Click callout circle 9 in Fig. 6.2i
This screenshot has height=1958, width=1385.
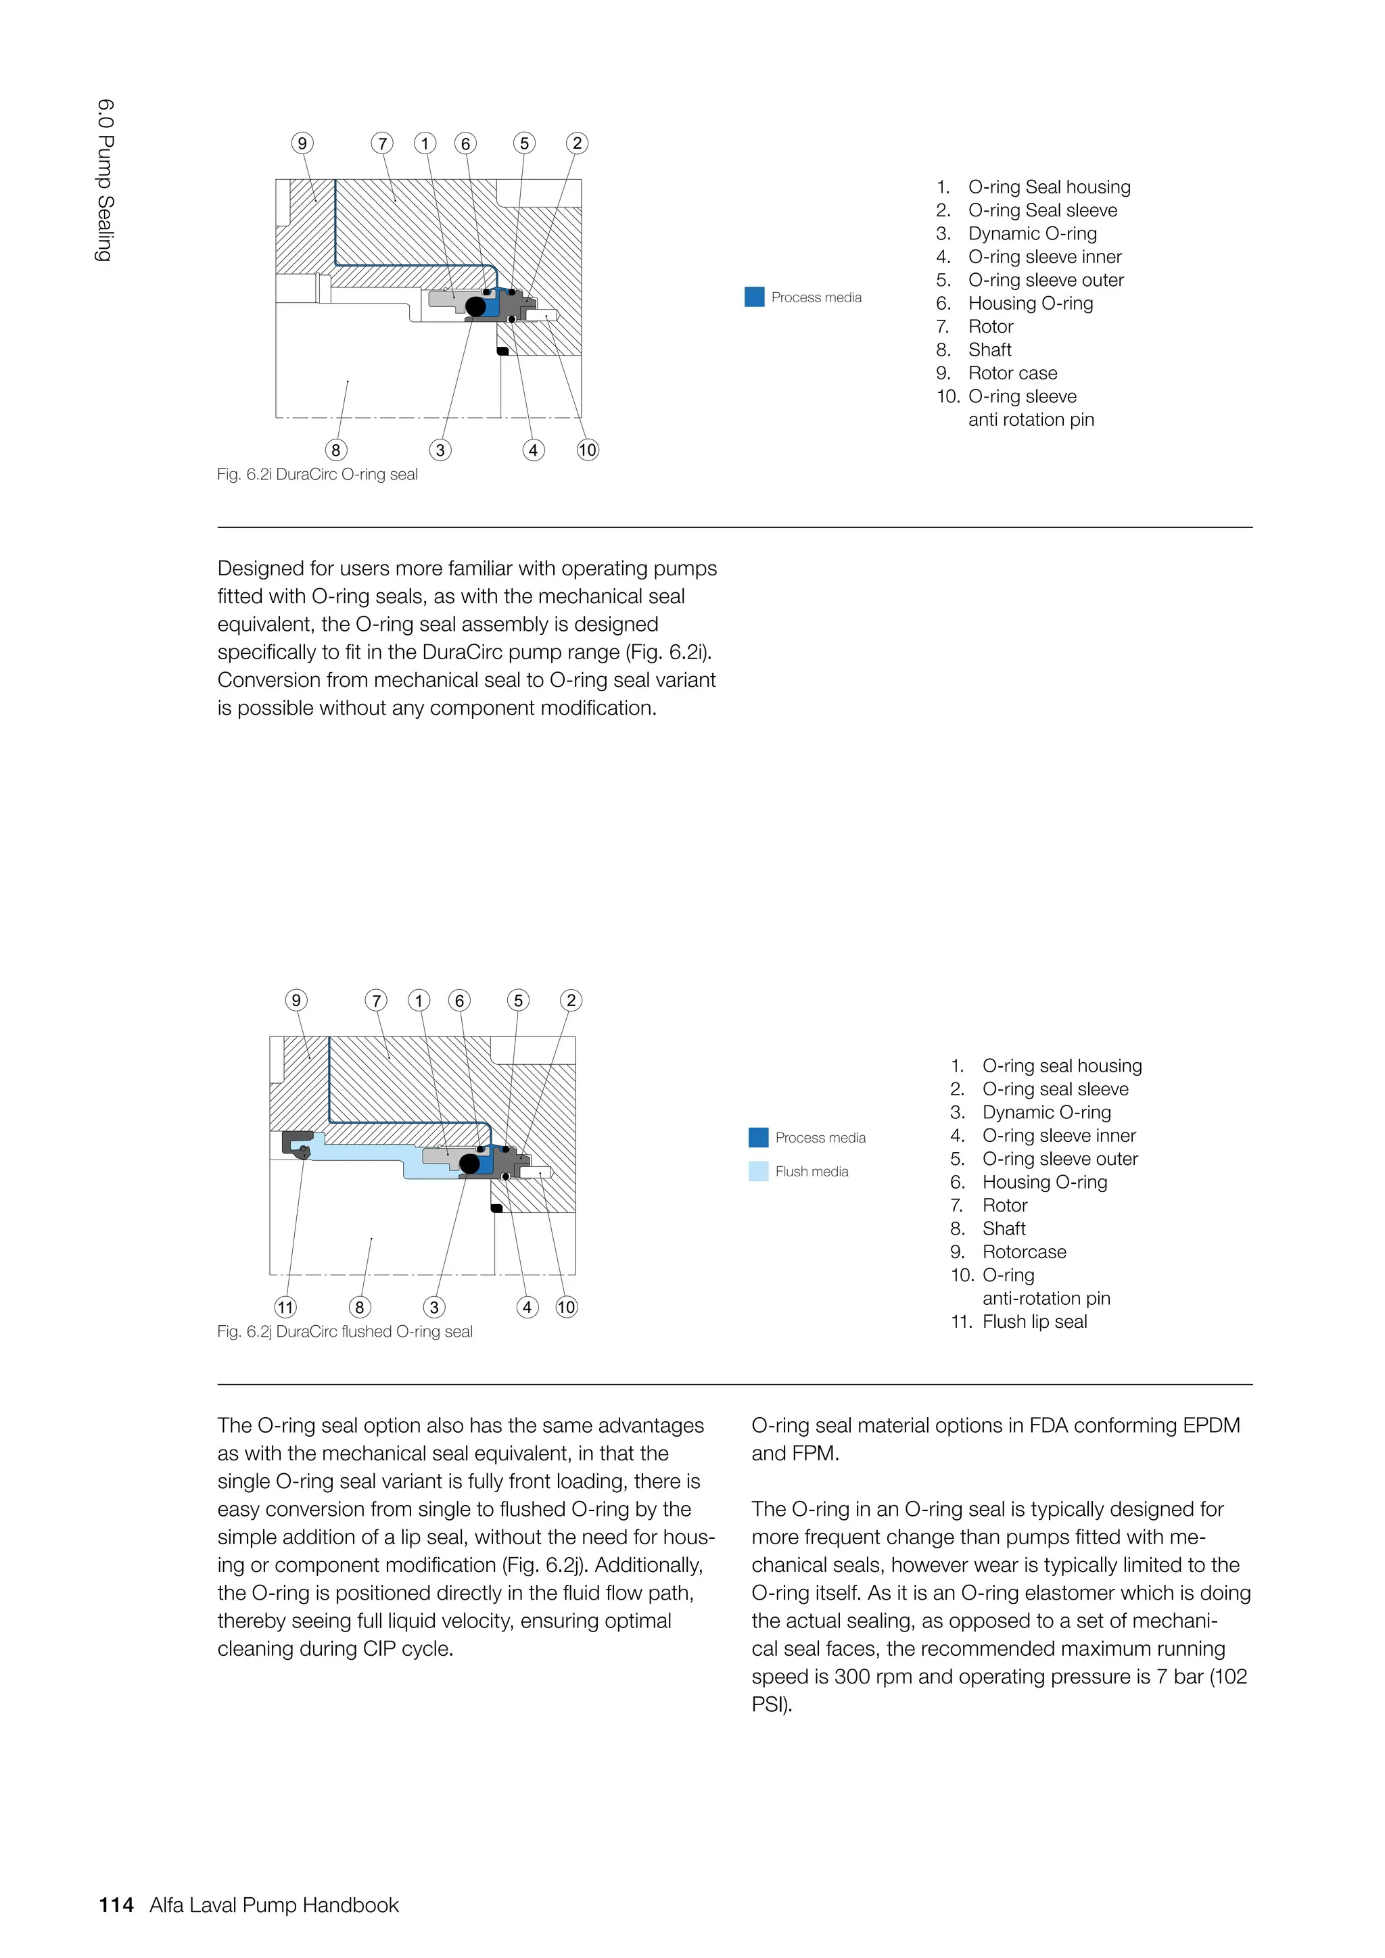pos(302,143)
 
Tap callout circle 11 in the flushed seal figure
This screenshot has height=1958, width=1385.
pos(285,1308)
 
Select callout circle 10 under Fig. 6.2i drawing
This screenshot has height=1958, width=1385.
pos(588,450)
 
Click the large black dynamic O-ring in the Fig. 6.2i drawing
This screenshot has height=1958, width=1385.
pos(476,306)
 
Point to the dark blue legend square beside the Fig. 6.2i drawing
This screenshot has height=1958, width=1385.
pos(754,297)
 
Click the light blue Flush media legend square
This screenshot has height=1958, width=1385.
pos(758,1171)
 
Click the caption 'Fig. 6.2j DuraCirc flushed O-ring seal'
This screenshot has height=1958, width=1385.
pos(344,1331)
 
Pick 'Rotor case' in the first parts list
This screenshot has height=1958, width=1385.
pos(1012,373)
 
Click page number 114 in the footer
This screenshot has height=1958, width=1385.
pos(116,1905)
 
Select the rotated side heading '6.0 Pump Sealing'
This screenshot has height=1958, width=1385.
pos(104,180)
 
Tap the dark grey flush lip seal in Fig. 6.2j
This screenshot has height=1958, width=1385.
pos(294,1143)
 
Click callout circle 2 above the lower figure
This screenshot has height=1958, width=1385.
pos(571,1001)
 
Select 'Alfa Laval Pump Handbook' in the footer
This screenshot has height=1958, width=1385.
pos(274,1905)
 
